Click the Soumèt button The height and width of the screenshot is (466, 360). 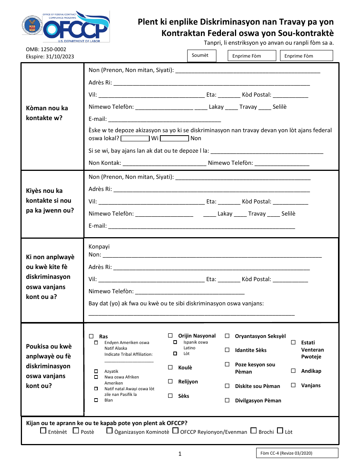click(x=202, y=56)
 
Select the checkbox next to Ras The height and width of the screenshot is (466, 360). click(x=91, y=336)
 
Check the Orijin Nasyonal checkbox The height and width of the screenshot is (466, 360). click(x=171, y=336)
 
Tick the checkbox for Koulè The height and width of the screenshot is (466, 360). click(x=171, y=367)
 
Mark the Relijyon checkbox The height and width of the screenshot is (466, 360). click(x=171, y=382)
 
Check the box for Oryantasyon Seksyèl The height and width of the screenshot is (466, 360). click(x=227, y=336)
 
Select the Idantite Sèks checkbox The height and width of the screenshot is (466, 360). click(x=227, y=350)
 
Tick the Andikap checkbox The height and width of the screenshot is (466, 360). click(x=293, y=371)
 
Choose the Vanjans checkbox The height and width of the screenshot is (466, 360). click(x=293, y=385)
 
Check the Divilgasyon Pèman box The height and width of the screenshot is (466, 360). click(x=227, y=400)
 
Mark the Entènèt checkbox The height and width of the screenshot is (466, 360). click(x=43, y=431)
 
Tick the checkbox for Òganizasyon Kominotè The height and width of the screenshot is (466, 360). click(x=110, y=431)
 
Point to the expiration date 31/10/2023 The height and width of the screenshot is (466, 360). click(x=61, y=57)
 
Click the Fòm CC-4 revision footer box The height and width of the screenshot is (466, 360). click(x=297, y=453)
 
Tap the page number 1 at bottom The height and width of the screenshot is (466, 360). click(x=180, y=454)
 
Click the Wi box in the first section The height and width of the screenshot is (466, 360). click(x=135, y=139)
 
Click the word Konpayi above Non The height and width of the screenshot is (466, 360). click(x=99, y=247)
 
